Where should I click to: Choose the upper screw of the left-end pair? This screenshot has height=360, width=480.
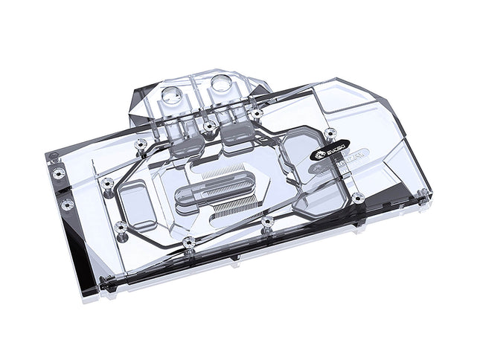(x=60, y=173)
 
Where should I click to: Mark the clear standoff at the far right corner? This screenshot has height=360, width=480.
(x=422, y=195)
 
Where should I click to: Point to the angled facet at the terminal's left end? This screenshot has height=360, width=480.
(x=141, y=97)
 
